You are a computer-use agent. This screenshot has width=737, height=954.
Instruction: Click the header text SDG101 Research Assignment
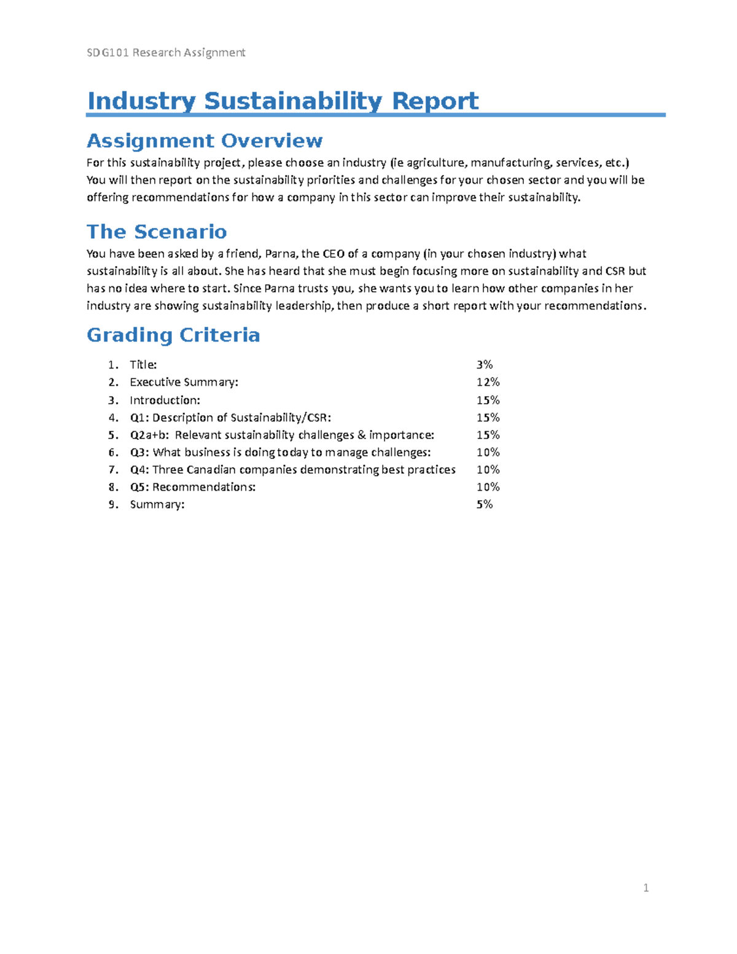point(166,53)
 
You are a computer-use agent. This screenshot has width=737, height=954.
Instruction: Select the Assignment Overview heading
point(205,141)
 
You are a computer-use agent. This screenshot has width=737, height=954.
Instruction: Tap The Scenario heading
point(157,232)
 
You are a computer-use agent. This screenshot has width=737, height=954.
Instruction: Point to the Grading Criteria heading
point(173,335)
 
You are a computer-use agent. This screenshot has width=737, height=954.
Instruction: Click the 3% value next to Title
point(485,365)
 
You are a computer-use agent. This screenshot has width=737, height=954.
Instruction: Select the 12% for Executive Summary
point(488,382)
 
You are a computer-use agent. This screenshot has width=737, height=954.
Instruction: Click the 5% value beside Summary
point(485,504)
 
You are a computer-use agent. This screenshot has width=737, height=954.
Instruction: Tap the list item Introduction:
point(165,401)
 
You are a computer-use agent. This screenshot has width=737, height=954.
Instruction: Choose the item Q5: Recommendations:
point(192,487)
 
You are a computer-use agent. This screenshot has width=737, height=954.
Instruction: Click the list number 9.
point(112,504)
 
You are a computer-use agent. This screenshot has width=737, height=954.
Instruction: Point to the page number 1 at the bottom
point(645,888)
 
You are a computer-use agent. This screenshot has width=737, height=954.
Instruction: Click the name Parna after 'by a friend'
point(280,254)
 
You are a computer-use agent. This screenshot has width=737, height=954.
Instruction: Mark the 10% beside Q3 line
point(488,453)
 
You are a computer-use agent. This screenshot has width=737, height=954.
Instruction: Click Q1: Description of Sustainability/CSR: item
point(230,418)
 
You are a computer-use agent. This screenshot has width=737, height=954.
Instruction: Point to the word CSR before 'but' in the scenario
point(615,271)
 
